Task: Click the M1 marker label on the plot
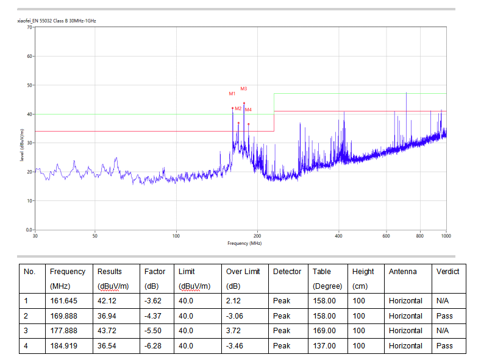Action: point(232,94)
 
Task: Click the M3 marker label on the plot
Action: point(244,89)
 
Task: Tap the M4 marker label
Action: point(249,110)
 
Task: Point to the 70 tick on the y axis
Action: point(29,27)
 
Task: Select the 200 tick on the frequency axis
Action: point(257,236)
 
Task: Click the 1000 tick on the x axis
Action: point(446,236)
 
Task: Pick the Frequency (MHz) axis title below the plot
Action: point(244,243)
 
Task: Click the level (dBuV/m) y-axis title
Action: point(22,145)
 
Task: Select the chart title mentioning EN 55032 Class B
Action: point(57,21)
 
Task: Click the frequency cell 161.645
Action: point(63,301)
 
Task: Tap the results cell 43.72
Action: point(107,331)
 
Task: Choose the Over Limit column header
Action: point(243,272)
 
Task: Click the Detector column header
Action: point(287,272)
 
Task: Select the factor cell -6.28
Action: point(153,346)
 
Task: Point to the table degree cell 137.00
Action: point(324,346)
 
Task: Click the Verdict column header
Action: point(447,272)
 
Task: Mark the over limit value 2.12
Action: point(233,301)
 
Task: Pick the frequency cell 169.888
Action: point(63,316)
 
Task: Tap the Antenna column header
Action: point(403,272)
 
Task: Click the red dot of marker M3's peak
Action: point(244,104)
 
